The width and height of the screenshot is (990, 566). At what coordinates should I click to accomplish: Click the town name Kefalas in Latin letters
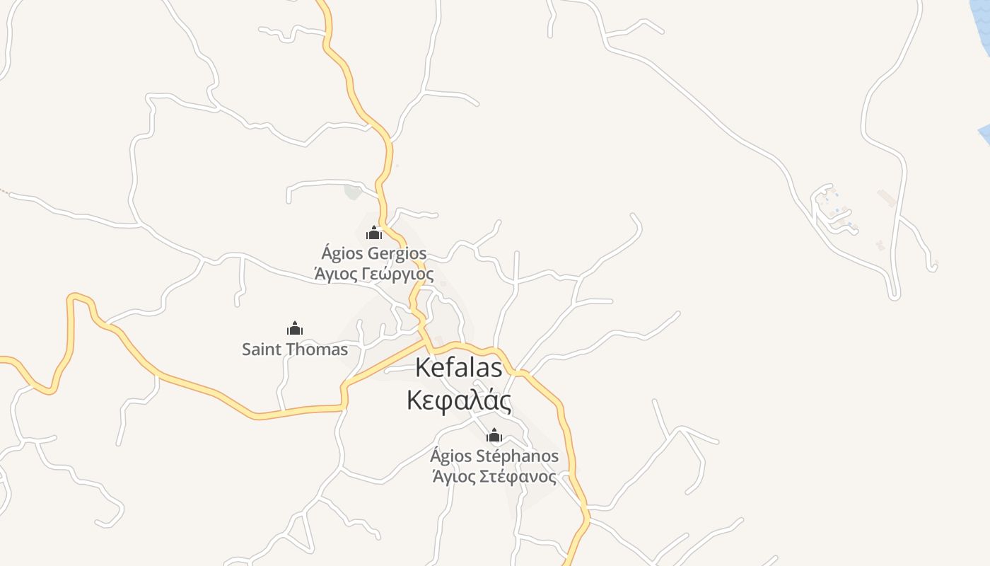click(x=459, y=368)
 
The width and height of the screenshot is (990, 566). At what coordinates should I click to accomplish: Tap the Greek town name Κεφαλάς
click(x=459, y=400)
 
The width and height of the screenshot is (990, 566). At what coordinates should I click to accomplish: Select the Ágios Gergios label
click(x=374, y=253)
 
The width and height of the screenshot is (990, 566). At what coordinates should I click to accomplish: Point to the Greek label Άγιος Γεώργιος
click(x=374, y=274)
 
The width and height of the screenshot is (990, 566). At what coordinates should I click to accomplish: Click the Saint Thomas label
click(x=295, y=350)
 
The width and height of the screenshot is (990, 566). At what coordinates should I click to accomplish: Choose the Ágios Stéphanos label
click(x=494, y=456)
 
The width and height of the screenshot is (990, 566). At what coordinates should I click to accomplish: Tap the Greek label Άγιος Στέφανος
click(x=494, y=477)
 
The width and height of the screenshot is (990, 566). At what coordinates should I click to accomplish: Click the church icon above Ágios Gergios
click(x=374, y=232)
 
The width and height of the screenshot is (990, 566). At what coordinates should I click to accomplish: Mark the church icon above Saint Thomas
click(x=295, y=328)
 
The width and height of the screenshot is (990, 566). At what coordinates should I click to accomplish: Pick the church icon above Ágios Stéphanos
click(x=494, y=435)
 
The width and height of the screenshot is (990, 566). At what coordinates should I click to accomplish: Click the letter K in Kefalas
click(x=423, y=368)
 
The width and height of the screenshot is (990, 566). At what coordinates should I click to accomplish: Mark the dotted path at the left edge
click(x=4, y=190)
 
